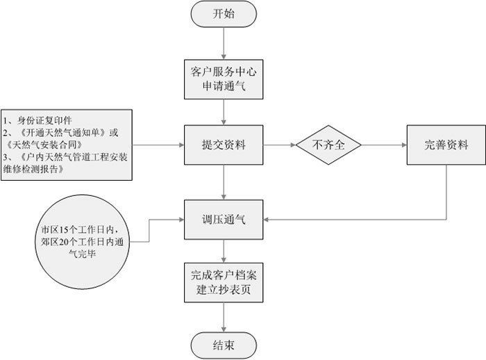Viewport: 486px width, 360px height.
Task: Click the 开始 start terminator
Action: click(223, 14)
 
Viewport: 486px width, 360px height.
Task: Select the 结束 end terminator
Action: click(223, 343)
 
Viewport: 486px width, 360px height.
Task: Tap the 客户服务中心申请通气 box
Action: click(223, 80)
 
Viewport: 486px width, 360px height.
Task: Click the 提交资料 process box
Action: click(223, 146)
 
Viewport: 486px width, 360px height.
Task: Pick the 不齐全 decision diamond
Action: click(329, 146)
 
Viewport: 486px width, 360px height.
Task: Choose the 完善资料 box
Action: click(446, 146)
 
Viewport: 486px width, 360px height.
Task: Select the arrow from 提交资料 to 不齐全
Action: click(278, 146)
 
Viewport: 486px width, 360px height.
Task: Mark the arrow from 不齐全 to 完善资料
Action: click(384, 146)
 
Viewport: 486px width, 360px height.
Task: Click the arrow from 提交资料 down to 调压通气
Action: click(223, 182)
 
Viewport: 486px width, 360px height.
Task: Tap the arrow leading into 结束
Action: click(223, 316)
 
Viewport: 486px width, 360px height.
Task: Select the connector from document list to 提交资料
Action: click(158, 146)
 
